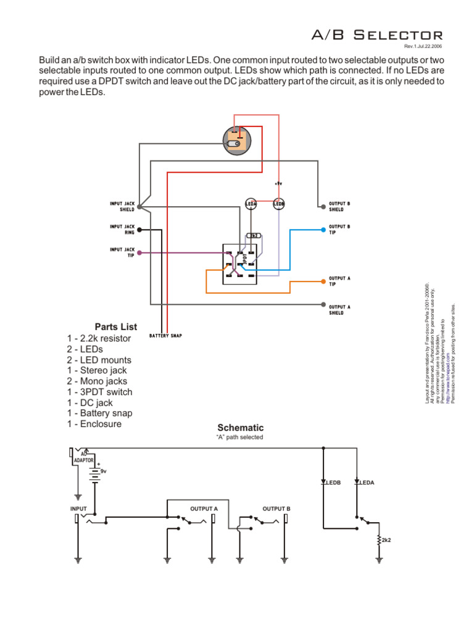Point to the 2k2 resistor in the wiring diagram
pyautogui.click(x=253, y=236)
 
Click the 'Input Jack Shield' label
pyautogui.click(x=122, y=206)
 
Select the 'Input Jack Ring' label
pyautogui.click(x=122, y=230)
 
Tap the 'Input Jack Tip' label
pyautogui.click(x=122, y=252)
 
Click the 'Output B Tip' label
pyautogui.click(x=339, y=230)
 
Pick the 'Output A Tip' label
pyautogui.click(x=339, y=281)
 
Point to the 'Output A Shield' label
pyautogui.click(x=339, y=310)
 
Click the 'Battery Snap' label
pyautogui.click(x=165, y=336)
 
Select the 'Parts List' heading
pyautogui.click(x=116, y=326)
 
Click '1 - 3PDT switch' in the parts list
pyautogui.click(x=99, y=392)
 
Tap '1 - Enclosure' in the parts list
pyautogui.click(x=94, y=424)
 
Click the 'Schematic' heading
pyautogui.click(x=240, y=428)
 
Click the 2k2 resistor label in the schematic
pyautogui.click(x=386, y=540)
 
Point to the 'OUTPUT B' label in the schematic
pyautogui.click(x=276, y=509)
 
